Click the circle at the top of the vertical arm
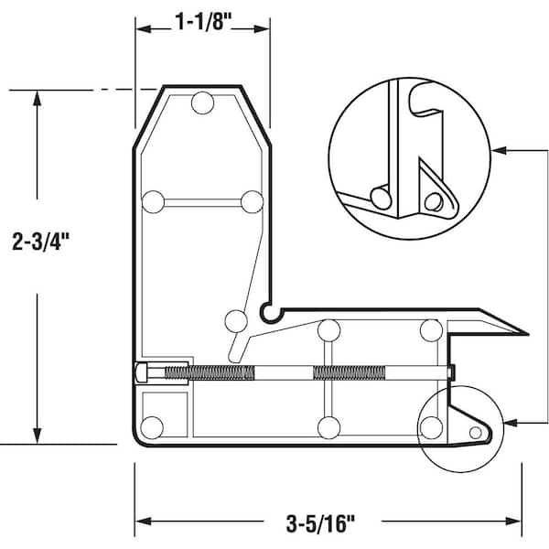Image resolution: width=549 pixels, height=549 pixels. pos(202,102)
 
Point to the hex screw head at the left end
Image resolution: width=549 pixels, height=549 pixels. pos(142,372)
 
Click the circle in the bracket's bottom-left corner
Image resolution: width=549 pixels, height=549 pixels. pos(153,426)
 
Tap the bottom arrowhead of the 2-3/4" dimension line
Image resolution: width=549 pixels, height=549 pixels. pos(37,438)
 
